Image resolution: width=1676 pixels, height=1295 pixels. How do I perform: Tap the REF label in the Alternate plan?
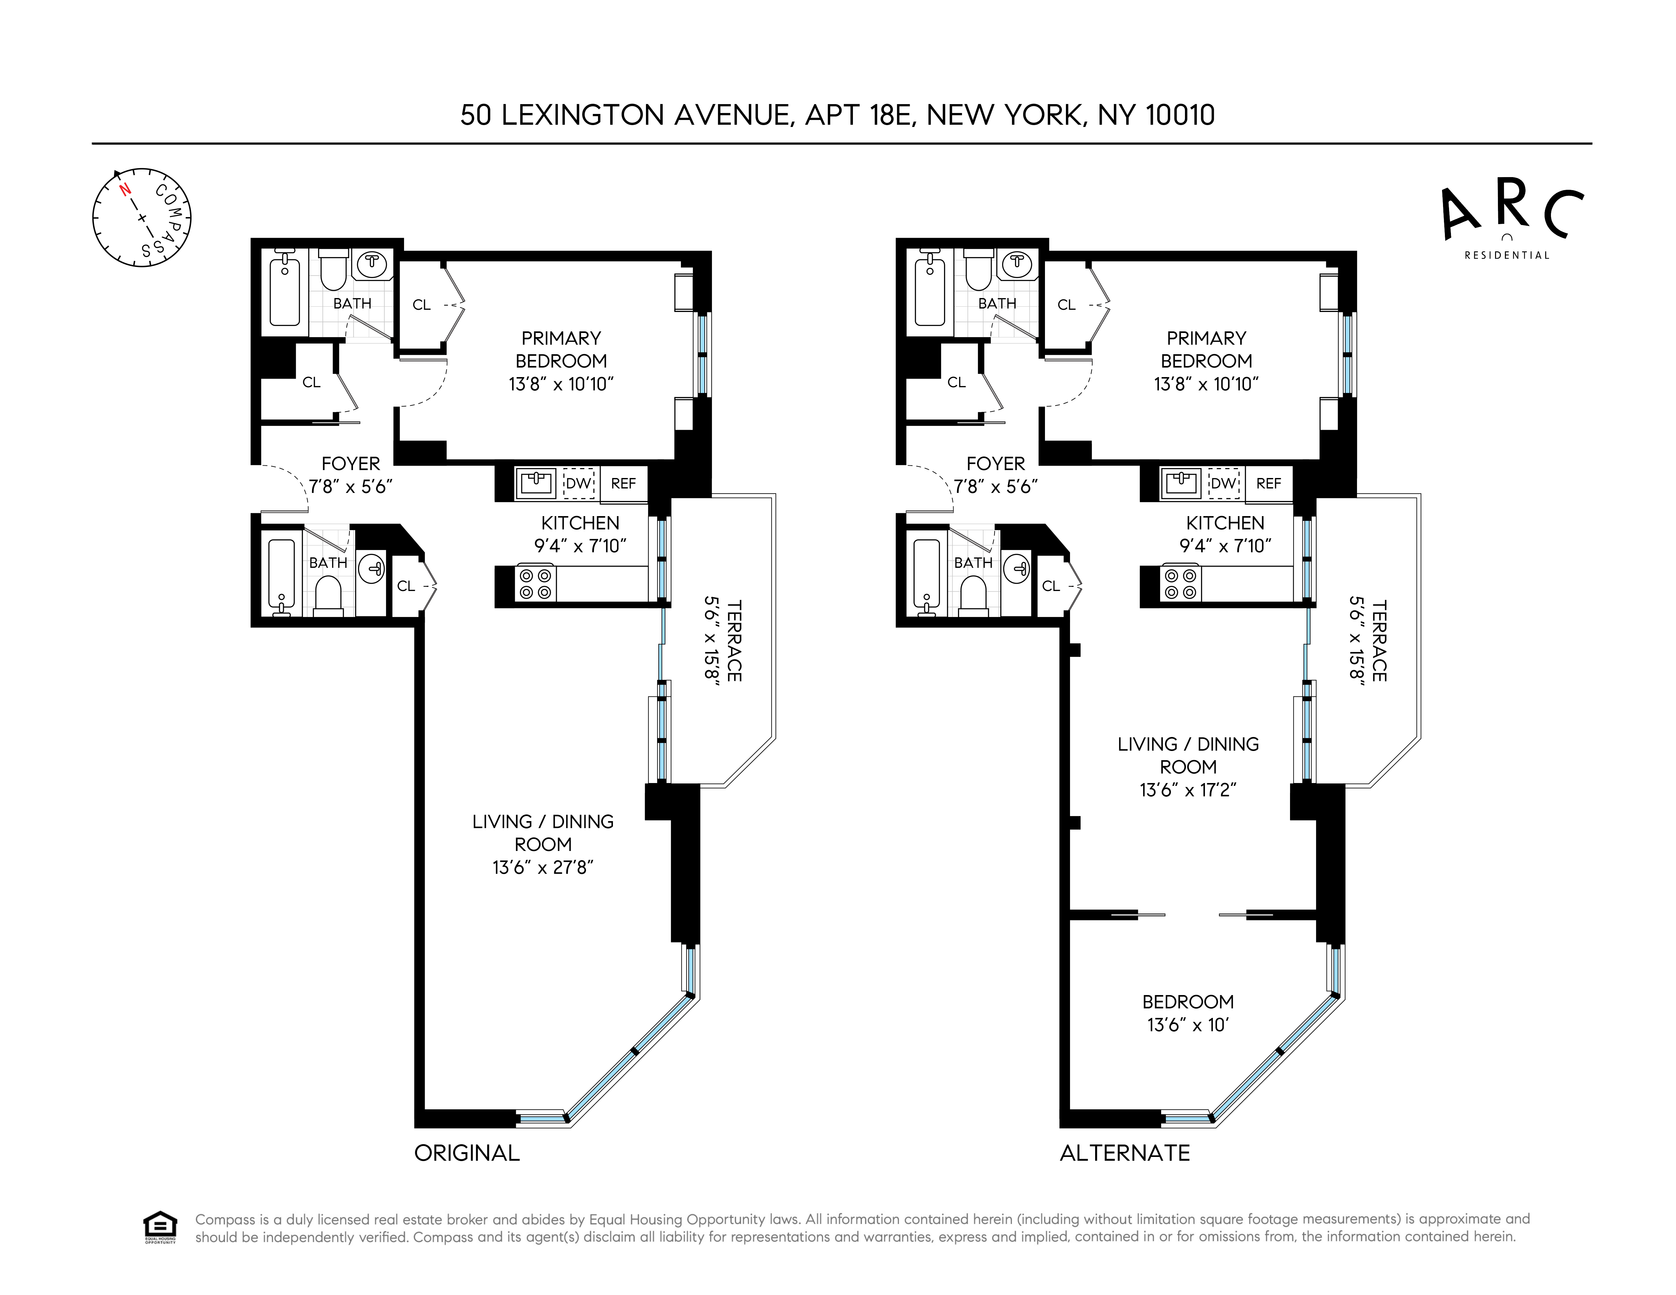click(x=1268, y=483)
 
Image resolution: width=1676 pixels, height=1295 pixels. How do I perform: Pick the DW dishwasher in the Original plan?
click(x=579, y=483)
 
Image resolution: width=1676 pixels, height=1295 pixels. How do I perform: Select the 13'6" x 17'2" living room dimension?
click(x=1188, y=789)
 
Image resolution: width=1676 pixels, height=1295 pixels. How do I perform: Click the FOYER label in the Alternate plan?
click(x=995, y=463)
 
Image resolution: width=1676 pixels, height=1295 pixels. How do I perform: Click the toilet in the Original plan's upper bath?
click(x=333, y=270)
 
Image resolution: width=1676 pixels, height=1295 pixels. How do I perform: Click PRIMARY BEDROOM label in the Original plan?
click(x=561, y=349)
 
